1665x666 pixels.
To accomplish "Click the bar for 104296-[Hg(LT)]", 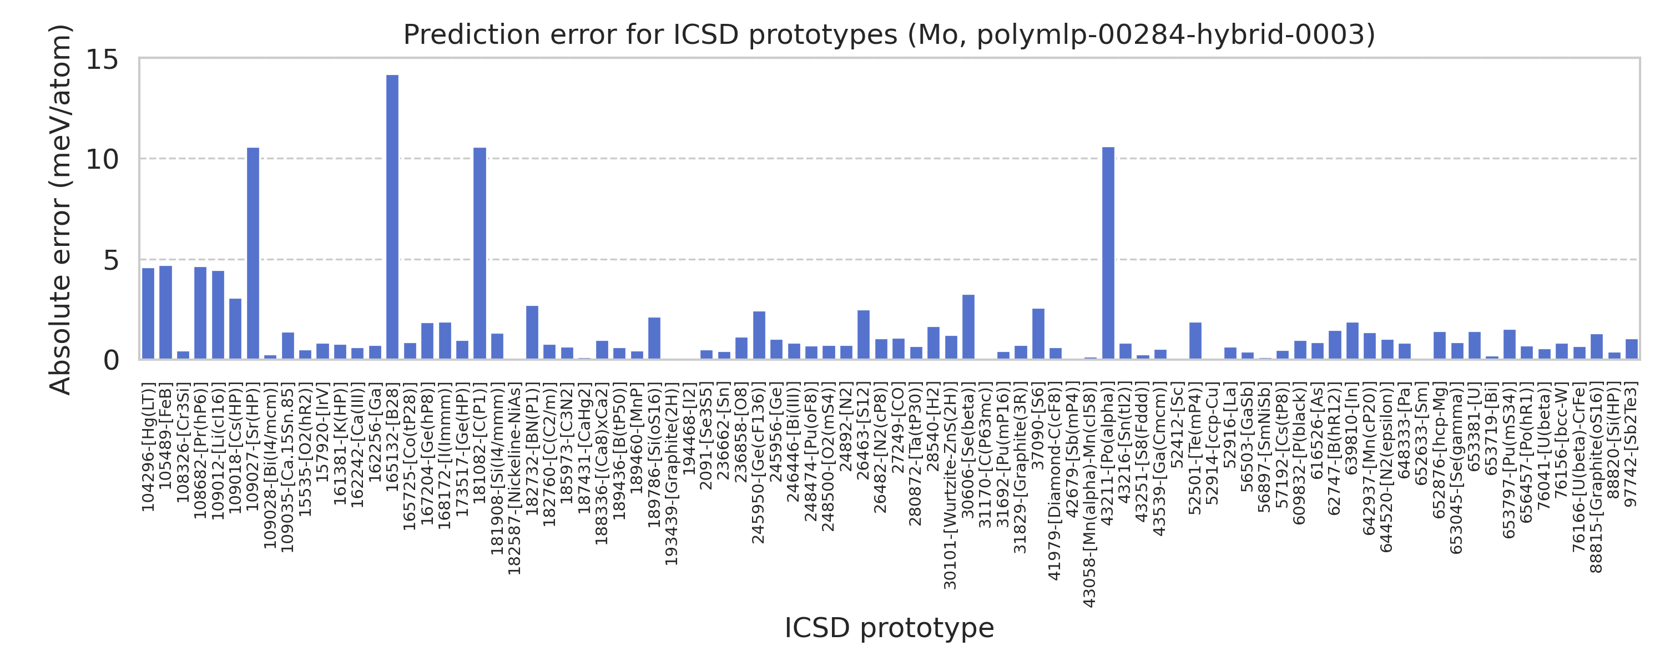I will click(x=148, y=314).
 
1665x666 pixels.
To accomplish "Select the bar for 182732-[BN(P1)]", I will click(x=532, y=332).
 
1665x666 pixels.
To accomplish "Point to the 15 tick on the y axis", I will click(x=103, y=59).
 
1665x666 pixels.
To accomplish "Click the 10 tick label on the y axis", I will click(x=103, y=160).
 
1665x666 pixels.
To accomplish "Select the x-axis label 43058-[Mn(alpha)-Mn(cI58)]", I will click(x=1090, y=496).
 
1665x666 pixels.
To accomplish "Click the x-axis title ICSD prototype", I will click(x=889, y=628).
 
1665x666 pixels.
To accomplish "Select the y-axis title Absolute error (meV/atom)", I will click(x=62, y=209).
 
